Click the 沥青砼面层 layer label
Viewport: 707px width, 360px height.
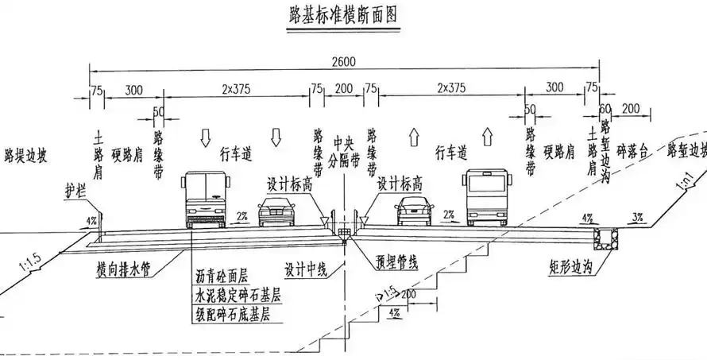coord(222,277)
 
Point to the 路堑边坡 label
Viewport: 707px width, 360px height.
coord(686,150)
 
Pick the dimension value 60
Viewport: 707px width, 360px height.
coord(606,108)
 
